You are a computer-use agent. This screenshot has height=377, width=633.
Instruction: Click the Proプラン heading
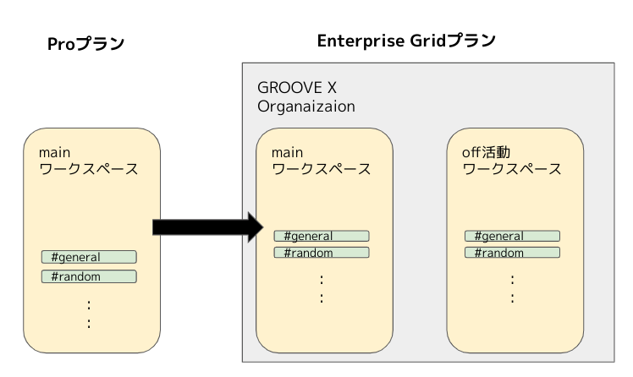click(85, 44)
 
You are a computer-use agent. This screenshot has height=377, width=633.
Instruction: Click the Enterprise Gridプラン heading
click(406, 41)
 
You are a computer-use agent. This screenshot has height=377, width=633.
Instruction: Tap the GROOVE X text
click(297, 88)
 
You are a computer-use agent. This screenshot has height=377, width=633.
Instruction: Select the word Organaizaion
click(306, 107)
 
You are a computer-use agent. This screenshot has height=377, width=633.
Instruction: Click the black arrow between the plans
click(208, 227)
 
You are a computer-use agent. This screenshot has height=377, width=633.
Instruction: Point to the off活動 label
click(486, 152)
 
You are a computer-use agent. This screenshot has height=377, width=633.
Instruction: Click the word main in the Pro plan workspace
click(54, 153)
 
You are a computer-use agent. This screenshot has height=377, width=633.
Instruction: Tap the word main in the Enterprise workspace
click(287, 153)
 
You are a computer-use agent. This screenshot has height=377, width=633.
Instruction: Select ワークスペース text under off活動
click(512, 169)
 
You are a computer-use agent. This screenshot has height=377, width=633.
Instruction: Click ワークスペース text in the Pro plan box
click(89, 169)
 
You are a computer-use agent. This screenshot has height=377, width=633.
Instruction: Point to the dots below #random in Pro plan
click(89, 314)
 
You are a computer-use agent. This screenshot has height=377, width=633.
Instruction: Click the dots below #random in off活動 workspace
click(512, 289)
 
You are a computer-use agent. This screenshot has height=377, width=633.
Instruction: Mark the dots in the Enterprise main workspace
click(322, 289)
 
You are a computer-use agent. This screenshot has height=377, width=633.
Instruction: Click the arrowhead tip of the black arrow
click(264, 227)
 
